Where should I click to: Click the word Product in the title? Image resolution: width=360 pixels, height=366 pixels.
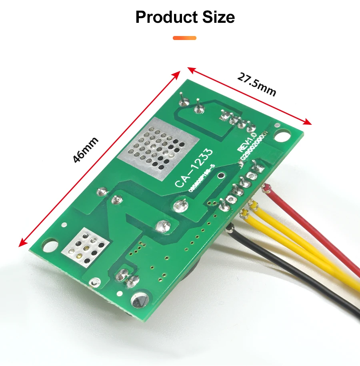(164, 18)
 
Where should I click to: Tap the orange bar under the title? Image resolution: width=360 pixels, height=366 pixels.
(184, 38)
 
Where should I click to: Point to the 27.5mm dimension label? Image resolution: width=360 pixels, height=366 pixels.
(256, 84)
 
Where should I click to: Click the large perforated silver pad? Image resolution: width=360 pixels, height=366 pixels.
(157, 149)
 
